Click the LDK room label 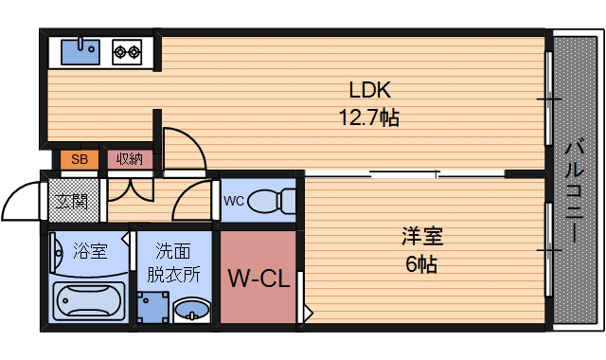[x=370, y=91]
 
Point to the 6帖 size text [x=422, y=263]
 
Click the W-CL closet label [x=258, y=279]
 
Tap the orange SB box [x=79, y=159]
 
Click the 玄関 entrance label [x=69, y=201]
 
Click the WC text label [x=233, y=200]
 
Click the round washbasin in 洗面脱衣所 [x=194, y=309]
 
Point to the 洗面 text [x=173, y=252]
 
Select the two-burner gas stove [x=127, y=50]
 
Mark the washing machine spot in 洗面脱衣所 [x=151, y=308]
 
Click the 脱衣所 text [x=173, y=275]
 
